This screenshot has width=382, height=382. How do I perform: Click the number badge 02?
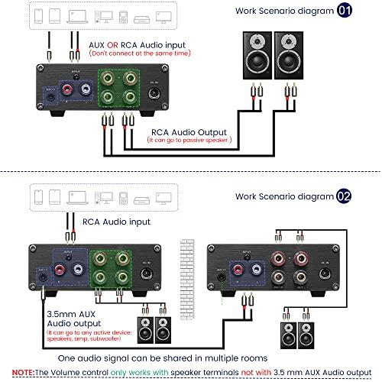pyautogui.click(x=345, y=196)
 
